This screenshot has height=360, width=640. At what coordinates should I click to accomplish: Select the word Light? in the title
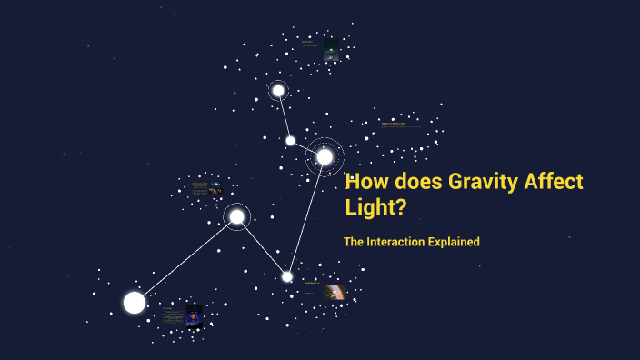pyautogui.click(x=375, y=208)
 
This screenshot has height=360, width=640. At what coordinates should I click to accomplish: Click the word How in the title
pyautogui.click(x=370, y=182)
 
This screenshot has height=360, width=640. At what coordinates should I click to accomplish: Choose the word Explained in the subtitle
pyautogui.click(x=455, y=242)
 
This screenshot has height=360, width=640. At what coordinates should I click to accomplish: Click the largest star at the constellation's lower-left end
pyautogui.click(x=135, y=303)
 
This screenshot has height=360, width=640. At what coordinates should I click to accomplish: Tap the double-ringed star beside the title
pyautogui.click(x=325, y=156)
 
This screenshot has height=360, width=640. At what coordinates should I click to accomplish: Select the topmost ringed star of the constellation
pyautogui.click(x=278, y=90)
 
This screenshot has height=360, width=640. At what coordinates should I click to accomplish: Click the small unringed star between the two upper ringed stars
pyautogui.click(x=290, y=140)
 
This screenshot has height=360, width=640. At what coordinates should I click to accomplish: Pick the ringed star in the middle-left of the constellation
pyautogui.click(x=236, y=216)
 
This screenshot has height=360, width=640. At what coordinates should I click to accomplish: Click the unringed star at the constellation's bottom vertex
pyautogui.click(x=287, y=276)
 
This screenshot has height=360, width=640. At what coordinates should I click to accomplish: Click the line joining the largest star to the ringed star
pyautogui.click(x=185, y=260)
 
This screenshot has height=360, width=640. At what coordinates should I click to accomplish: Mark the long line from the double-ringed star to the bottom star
pyautogui.click(x=306, y=216)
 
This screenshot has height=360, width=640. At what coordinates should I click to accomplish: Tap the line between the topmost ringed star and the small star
pyautogui.click(x=284, y=115)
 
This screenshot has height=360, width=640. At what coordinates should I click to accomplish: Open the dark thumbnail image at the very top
pyautogui.click(x=332, y=49)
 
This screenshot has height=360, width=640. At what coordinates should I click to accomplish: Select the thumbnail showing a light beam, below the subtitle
pyautogui.click(x=334, y=292)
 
